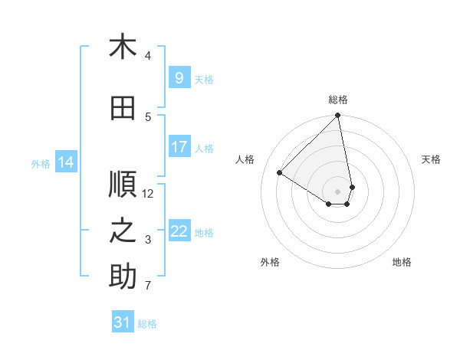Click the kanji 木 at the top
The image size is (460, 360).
click(x=123, y=47)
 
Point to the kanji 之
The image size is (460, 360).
click(x=123, y=231)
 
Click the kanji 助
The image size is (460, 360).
click(x=123, y=277)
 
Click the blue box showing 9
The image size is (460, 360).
click(x=179, y=79)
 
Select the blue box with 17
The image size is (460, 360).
click(x=179, y=147)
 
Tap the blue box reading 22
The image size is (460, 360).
click(x=179, y=231)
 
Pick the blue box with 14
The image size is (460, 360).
click(x=66, y=162)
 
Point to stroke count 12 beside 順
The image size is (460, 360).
click(x=149, y=194)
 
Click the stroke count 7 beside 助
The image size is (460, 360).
click(x=148, y=286)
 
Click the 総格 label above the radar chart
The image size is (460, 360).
click(x=337, y=100)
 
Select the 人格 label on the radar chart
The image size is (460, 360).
click(x=245, y=159)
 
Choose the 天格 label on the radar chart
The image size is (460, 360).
click(x=431, y=159)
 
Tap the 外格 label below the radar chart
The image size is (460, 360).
click(x=270, y=263)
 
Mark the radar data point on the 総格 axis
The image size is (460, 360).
click(x=337, y=116)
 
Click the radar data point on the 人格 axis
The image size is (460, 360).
click(x=280, y=173)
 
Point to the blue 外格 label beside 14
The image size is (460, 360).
click(x=40, y=163)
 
